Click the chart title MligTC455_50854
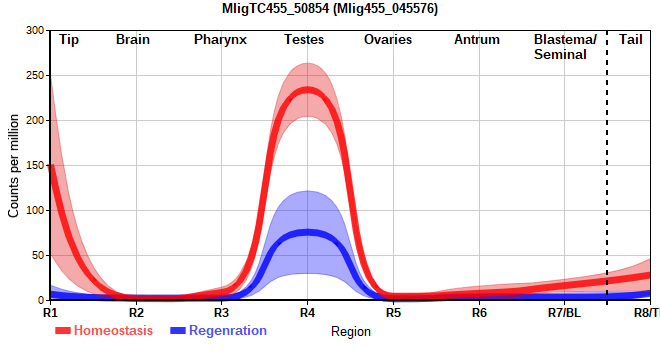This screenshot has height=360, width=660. coord(330,8)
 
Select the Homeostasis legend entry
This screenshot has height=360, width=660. coord(104,331)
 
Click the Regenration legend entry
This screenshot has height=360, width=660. coord(218,331)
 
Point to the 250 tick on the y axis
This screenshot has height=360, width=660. coord(35,75)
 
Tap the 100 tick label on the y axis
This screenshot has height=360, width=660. coord(35,210)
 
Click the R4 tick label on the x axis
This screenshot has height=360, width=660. coord(307,313)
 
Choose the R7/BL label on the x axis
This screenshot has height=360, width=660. coord(564,313)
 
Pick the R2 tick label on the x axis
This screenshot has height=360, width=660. coord(136,313)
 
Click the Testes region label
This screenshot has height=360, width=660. coord(304,40)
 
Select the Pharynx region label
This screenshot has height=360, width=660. coord(220,40)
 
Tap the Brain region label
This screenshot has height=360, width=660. coord(133,40)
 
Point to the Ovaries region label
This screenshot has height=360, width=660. coord(388,40)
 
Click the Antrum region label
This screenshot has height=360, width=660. coord(477,40)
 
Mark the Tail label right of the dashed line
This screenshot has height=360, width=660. coord(631,40)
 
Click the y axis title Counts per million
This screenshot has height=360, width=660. coord(13,165)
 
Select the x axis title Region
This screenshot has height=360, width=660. coord(351,331)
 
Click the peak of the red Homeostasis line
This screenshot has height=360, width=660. coord(307,90)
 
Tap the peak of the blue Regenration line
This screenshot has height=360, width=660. coord(307,232)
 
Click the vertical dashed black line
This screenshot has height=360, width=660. coord(607,165)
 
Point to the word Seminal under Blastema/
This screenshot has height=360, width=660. coord(560,55)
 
